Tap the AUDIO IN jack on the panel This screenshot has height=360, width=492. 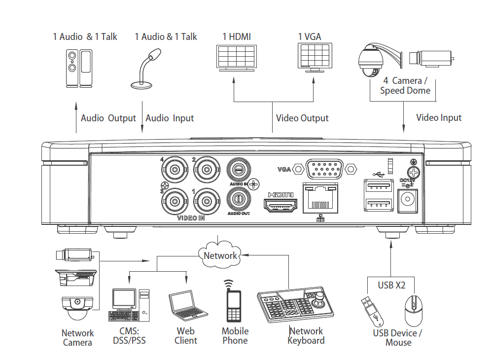click(238, 171)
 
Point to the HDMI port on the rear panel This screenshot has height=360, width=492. click(281, 204)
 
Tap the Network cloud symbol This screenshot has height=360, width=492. click(220, 254)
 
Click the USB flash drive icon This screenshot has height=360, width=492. click(371, 311)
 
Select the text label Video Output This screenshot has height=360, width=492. click(302, 118)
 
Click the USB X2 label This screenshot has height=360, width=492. click(392, 285)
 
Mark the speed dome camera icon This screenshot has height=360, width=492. click(369, 64)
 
